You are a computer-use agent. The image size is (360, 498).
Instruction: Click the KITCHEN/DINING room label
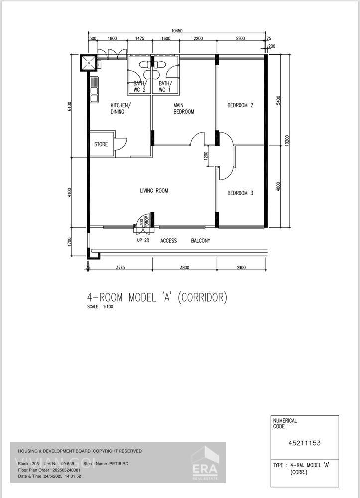click(x=120, y=108)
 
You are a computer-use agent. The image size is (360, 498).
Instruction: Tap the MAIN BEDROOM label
click(x=183, y=108)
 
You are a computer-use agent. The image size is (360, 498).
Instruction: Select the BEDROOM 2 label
click(x=240, y=105)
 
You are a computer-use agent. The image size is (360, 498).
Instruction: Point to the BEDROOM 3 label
click(x=240, y=193)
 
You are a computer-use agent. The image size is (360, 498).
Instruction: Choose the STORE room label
click(x=101, y=145)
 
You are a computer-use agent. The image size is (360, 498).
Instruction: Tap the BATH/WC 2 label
click(x=139, y=87)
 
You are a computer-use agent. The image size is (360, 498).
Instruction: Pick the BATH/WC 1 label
click(x=165, y=87)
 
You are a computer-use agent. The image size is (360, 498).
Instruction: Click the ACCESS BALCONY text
click(x=185, y=241)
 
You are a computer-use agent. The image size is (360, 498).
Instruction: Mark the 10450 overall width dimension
click(x=177, y=31)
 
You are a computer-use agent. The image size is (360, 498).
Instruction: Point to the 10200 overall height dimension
click(x=287, y=140)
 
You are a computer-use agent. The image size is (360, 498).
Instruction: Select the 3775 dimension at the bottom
click(x=120, y=268)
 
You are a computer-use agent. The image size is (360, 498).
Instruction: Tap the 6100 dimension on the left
click(x=70, y=106)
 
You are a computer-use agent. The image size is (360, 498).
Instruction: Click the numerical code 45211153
click(x=304, y=442)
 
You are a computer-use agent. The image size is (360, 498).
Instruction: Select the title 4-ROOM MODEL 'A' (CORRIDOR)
click(x=157, y=298)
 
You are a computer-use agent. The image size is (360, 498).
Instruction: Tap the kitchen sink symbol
click(x=94, y=90)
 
